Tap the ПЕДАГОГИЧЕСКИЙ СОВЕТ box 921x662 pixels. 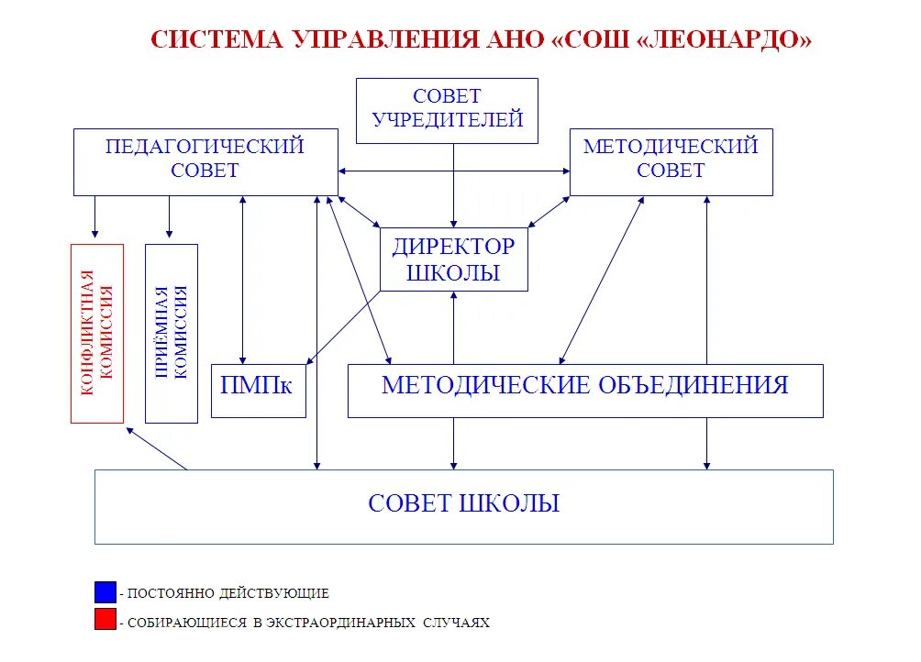(205, 161)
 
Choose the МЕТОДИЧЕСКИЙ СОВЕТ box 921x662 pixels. (671, 161)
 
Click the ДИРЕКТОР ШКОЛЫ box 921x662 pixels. (454, 259)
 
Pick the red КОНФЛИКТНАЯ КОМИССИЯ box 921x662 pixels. (97, 333)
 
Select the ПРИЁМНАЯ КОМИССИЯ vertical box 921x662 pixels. (172, 333)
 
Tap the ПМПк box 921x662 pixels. (258, 391)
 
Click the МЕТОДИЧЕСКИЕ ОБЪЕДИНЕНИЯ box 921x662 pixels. (585, 390)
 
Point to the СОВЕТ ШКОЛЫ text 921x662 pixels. (463, 503)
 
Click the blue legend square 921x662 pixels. (105, 592)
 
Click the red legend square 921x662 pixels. (105, 621)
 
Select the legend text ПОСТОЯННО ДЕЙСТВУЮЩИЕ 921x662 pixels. (228, 594)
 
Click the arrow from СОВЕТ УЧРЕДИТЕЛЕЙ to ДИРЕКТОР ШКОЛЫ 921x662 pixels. (454, 183)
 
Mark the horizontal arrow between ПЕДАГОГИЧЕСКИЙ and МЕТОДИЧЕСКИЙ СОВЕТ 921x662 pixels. (454, 171)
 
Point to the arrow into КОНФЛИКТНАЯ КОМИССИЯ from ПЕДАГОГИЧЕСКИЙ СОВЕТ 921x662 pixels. (94, 218)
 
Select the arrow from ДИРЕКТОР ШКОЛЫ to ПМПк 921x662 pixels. (343, 327)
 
